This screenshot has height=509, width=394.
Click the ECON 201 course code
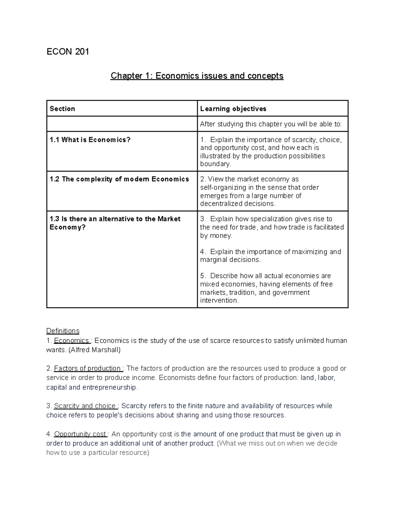click(x=68, y=52)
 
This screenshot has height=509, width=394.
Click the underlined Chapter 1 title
click(x=197, y=76)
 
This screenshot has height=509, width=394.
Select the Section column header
click(x=62, y=109)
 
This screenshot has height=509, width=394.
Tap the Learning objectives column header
click(x=233, y=109)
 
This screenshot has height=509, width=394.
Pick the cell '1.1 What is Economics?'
click(x=90, y=140)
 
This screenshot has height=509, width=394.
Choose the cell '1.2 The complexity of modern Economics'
click(x=119, y=179)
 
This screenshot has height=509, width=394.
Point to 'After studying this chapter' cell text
click(x=271, y=124)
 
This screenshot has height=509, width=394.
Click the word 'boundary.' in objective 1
click(x=216, y=164)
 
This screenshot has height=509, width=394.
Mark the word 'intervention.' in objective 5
click(x=219, y=301)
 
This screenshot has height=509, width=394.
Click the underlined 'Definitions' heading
click(x=63, y=331)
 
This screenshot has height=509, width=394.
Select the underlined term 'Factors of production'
click(x=88, y=368)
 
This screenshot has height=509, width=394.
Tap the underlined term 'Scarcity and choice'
click(x=85, y=406)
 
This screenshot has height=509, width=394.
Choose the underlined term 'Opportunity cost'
click(x=80, y=434)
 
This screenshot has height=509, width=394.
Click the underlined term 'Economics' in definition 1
click(x=72, y=341)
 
